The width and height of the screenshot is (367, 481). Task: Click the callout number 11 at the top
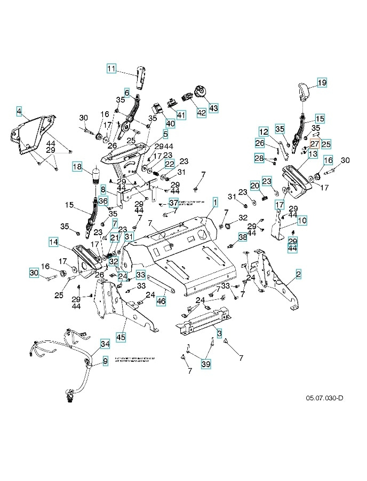[111, 68]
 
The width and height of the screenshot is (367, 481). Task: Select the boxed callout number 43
[213, 107]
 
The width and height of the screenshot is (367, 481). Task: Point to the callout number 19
[322, 83]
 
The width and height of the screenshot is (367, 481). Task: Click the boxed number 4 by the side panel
[19, 111]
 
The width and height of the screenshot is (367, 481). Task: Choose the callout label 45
[121, 337]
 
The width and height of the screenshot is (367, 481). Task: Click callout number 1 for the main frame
[216, 201]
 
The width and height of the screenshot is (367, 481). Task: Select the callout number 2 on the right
[298, 274]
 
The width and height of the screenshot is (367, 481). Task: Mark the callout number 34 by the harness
[105, 343]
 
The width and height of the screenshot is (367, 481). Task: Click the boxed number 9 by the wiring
[105, 361]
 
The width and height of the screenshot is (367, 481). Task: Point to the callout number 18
[78, 167]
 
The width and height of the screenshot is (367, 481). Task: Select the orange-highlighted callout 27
[314, 144]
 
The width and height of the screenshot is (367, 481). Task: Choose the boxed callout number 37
[174, 203]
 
